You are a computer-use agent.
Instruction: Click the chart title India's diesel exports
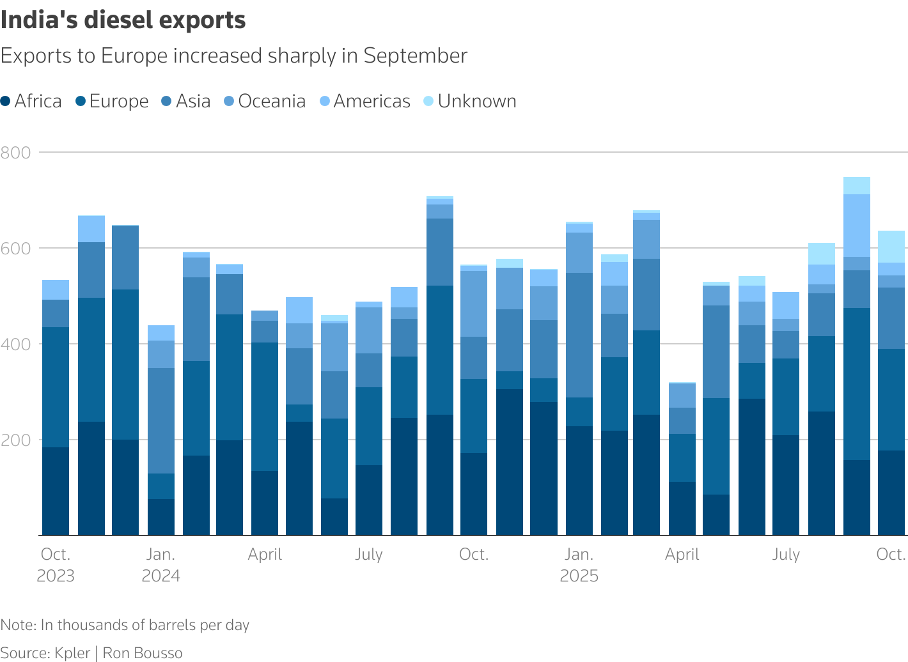123,20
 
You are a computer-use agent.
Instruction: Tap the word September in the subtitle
415,56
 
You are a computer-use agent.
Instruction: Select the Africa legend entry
32,101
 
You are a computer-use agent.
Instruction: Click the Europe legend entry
112,101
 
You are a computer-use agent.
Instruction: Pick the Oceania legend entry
265,101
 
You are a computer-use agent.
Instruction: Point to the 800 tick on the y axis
16,152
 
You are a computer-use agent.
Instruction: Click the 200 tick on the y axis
16,440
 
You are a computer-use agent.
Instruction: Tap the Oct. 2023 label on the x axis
56,565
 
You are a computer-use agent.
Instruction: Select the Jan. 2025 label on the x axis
579,565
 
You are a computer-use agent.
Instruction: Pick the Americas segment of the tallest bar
857,226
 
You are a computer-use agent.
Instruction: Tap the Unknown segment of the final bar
891,247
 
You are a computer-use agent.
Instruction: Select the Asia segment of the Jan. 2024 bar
161,420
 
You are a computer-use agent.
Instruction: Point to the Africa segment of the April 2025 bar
682,508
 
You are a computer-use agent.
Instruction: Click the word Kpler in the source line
72,653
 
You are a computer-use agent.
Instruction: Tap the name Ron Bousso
143,653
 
